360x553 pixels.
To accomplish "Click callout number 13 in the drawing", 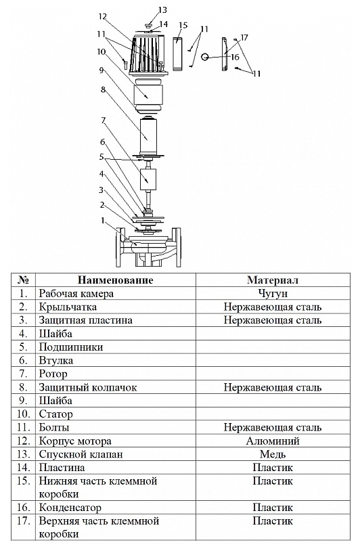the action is click(x=162, y=10).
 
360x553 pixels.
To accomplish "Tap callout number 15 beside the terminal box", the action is click(x=183, y=26).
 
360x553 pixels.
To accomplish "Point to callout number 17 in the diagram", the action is click(x=244, y=37).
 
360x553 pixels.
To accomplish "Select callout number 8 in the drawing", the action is click(x=103, y=90).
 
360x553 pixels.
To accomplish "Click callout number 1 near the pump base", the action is click(x=103, y=221).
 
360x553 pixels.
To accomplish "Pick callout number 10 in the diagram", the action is click(x=102, y=52).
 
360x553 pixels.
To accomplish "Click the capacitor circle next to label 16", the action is click(x=206, y=56).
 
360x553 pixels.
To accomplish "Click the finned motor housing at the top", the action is click(x=148, y=55).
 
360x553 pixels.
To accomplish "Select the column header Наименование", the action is click(x=115, y=280).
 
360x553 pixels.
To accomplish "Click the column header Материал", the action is click(x=273, y=280).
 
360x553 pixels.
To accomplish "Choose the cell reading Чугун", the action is click(x=273, y=294).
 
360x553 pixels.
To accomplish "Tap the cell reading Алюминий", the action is click(x=273, y=441).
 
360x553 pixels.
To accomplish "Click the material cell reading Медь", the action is click(x=273, y=454).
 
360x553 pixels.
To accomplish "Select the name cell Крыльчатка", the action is click(x=68, y=307).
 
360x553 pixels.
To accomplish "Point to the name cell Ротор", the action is click(x=53, y=374).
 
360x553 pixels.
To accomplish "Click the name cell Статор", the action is click(x=55, y=414).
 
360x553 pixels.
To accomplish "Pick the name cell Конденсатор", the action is click(x=70, y=508).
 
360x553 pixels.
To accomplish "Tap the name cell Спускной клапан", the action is click(x=81, y=454).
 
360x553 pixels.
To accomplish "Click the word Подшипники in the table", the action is click(x=71, y=347).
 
